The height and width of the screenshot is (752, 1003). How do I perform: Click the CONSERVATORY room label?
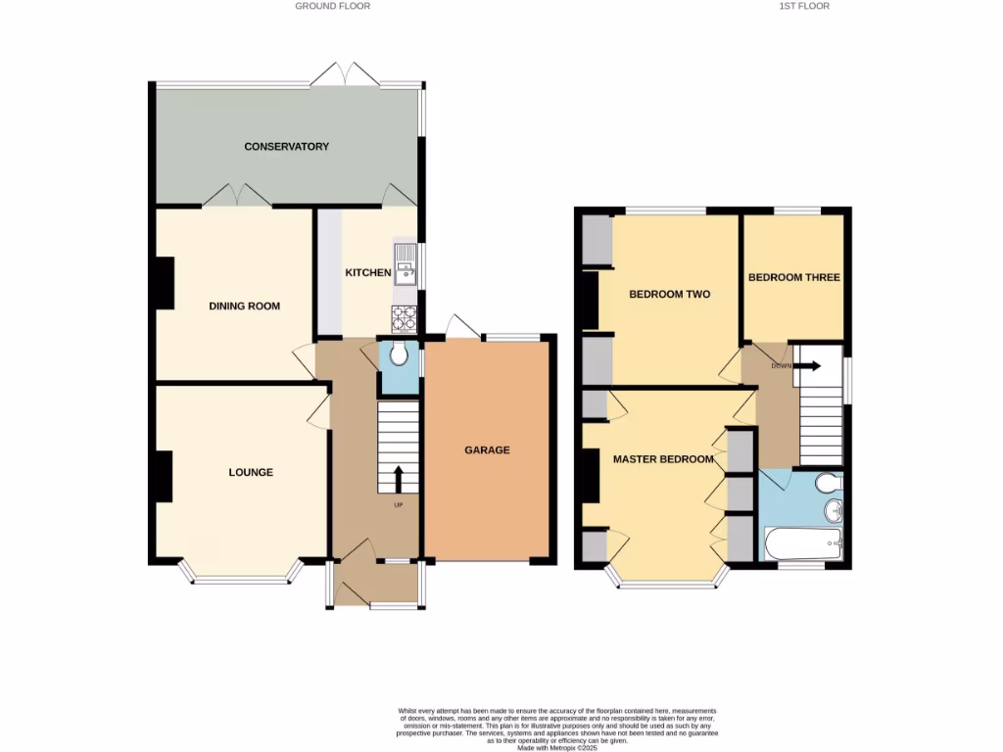tap(286, 147)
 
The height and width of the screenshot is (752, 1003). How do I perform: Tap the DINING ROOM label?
tap(244, 306)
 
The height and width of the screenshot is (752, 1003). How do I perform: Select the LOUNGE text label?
tap(251, 473)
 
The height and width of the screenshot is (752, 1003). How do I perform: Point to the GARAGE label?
tap(487, 450)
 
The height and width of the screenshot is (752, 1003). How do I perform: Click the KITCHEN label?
tap(367, 273)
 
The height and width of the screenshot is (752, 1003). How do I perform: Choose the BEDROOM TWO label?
tap(669, 295)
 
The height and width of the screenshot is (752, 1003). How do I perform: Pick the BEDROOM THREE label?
tap(793, 278)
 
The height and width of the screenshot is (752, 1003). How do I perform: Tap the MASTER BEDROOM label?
tap(663, 459)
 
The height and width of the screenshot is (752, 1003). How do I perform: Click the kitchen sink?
tap(405, 264)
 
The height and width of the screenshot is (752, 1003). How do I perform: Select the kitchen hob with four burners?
tap(405, 316)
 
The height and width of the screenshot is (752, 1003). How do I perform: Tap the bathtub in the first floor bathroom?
tap(802, 541)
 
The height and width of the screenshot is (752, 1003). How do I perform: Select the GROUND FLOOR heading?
tap(333, 6)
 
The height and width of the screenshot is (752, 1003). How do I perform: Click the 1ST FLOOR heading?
tap(803, 6)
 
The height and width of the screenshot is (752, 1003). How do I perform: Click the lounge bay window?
tap(241, 578)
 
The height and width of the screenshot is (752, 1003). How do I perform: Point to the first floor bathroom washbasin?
tap(834, 510)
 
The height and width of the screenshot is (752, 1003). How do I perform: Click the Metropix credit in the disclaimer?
tap(553, 747)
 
